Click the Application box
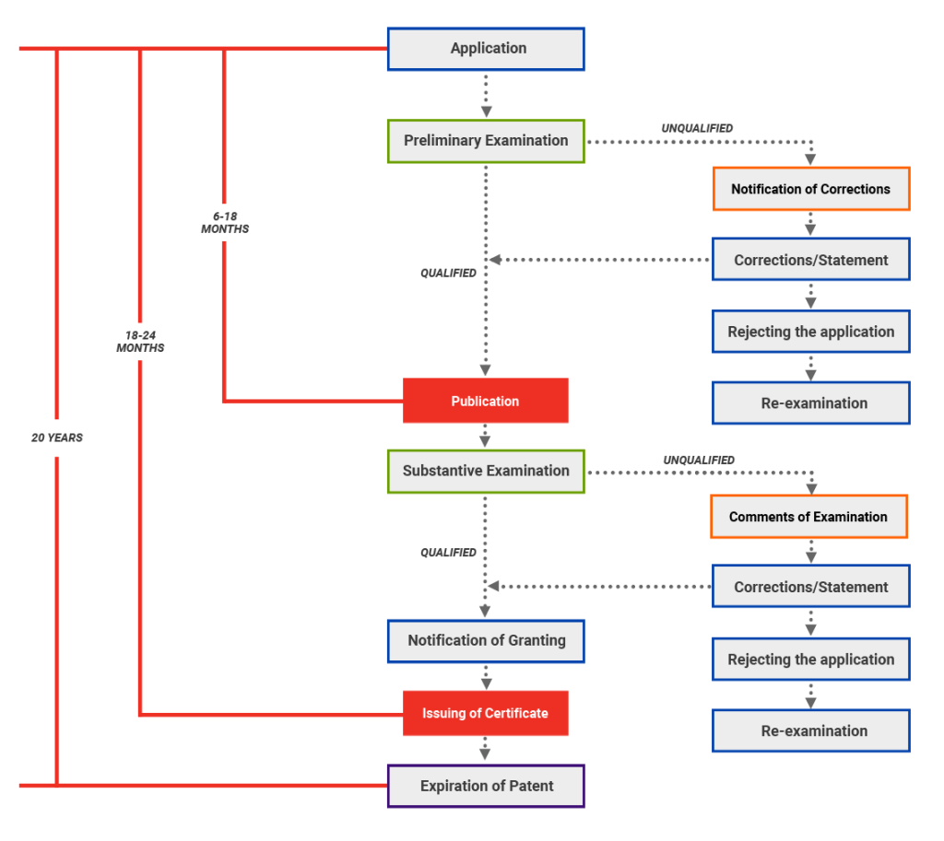coord(486,49)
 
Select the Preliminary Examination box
coord(486,141)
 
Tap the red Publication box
coord(485,401)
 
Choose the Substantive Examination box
coord(486,471)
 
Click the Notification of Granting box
coord(486,640)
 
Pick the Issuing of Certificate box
coord(485,713)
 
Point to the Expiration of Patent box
coord(486,786)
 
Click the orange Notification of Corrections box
coord(810,189)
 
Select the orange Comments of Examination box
coord(808,517)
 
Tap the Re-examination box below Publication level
coord(810,730)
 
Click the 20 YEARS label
coord(57,438)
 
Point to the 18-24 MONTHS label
coord(140,342)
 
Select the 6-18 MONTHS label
coord(225,222)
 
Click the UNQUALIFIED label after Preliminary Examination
coord(697,128)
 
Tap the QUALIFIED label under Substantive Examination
coord(448,553)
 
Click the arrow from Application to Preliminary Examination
coord(486,94)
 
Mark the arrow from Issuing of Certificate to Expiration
coord(486,750)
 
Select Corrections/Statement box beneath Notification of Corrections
coord(810,260)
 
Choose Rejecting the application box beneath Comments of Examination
coord(810,660)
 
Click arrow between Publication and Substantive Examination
coord(486,437)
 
